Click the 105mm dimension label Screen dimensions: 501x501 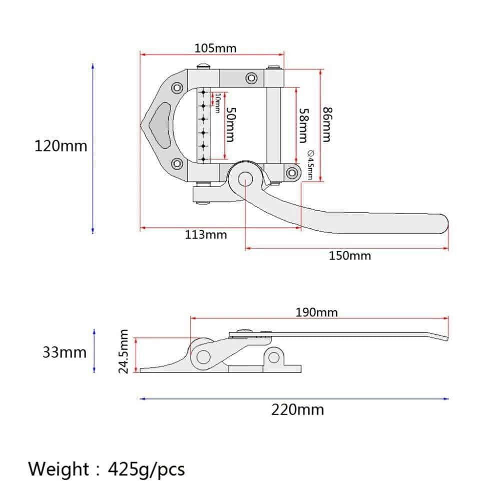click(x=216, y=49)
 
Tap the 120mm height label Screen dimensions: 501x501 click(x=61, y=146)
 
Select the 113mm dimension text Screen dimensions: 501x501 click(x=206, y=235)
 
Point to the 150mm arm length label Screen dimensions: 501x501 click(x=350, y=256)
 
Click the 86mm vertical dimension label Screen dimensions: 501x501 click(x=327, y=125)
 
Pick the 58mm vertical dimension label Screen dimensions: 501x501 click(x=304, y=126)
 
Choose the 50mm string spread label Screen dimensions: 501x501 click(x=231, y=124)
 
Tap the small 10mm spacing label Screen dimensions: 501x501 click(x=217, y=103)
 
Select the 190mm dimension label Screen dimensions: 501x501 click(x=317, y=312)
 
